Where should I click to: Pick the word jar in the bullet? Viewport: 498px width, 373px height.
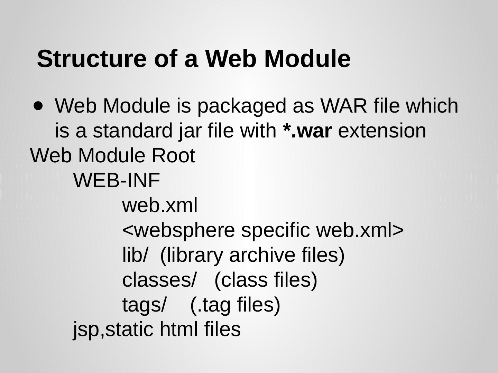coord(189,131)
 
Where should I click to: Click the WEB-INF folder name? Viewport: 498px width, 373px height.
coord(117,180)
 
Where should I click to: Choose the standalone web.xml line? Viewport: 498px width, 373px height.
coord(160,205)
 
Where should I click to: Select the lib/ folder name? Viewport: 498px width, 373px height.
coord(135,255)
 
